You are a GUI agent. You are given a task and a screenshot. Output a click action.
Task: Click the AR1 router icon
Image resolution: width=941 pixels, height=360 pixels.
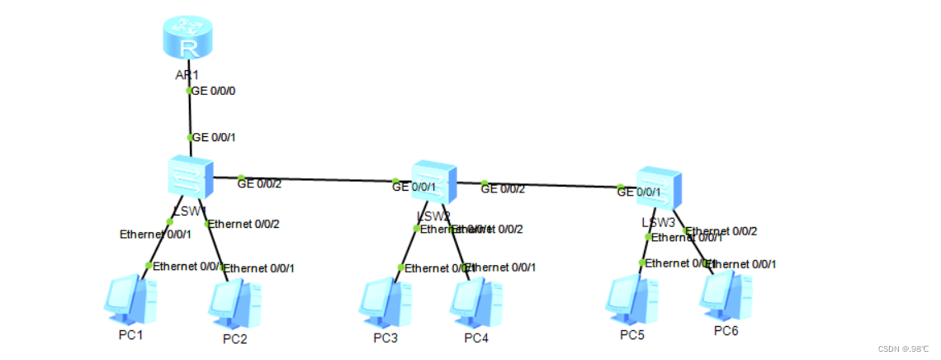click(187, 40)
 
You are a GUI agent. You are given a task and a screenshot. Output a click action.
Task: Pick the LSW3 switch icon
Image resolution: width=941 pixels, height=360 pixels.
click(659, 188)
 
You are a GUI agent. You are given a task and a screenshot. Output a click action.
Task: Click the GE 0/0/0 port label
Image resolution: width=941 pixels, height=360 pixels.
click(215, 91)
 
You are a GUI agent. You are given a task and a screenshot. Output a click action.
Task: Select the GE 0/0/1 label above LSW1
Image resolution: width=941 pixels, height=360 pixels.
click(215, 137)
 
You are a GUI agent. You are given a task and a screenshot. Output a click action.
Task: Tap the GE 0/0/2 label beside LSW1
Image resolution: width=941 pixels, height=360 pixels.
click(259, 184)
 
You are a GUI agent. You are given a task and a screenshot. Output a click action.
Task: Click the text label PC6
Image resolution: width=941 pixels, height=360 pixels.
click(726, 330)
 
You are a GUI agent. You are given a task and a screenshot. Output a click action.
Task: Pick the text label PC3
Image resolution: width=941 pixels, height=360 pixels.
click(385, 338)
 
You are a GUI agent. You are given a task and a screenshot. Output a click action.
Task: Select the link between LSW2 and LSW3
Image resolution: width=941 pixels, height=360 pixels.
click(553, 185)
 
